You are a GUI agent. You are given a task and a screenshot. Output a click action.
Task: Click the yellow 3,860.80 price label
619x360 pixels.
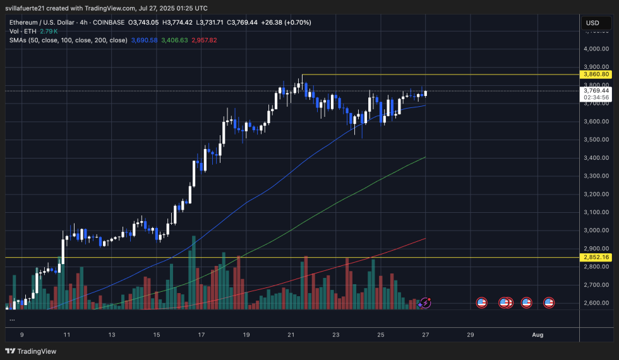(597, 75)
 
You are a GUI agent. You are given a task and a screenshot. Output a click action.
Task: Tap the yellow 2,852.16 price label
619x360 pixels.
(597, 258)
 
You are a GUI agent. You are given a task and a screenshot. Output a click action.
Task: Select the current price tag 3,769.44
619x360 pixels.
(597, 90)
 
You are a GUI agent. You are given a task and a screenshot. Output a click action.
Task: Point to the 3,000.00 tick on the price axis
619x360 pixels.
(597, 231)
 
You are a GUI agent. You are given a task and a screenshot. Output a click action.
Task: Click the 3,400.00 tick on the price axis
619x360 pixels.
(597, 158)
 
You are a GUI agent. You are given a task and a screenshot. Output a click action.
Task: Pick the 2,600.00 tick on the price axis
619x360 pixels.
(597, 303)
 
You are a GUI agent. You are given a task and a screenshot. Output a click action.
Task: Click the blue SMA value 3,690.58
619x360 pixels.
(144, 40)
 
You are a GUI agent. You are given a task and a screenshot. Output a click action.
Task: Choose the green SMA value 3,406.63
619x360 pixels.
(174, 40)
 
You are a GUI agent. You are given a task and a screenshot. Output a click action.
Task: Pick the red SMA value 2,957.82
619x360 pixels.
(204, 40)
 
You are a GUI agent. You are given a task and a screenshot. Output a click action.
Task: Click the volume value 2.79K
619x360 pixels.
(49, 31)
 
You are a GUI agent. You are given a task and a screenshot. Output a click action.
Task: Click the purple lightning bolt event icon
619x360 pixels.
(426, 303)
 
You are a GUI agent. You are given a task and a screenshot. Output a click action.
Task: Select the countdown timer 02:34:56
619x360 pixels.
(597, 97)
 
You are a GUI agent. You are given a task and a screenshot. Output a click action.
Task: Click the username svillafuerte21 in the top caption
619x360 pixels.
(29, 8)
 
